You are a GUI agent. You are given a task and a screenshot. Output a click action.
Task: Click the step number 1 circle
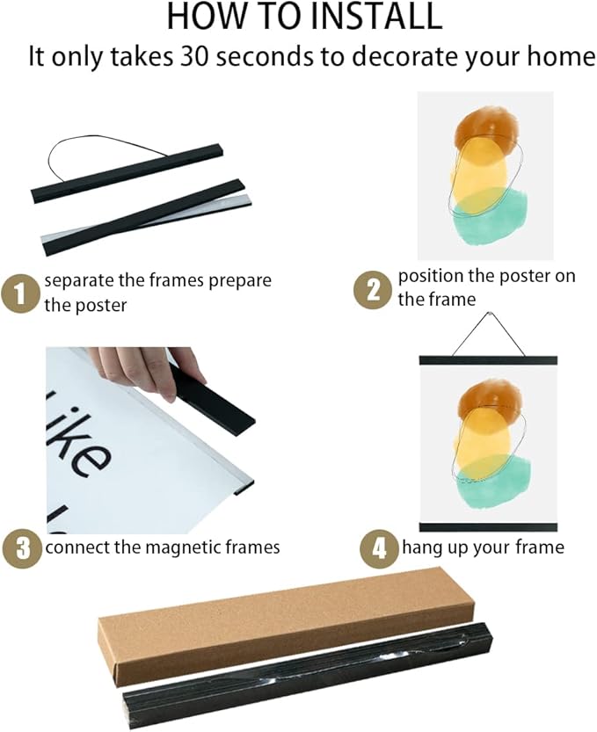19,294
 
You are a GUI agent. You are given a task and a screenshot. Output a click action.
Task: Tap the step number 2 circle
373,290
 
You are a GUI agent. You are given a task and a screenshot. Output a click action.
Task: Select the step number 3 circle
22,547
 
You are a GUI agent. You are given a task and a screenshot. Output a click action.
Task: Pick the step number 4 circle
379,548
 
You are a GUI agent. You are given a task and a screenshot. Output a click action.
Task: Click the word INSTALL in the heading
375,16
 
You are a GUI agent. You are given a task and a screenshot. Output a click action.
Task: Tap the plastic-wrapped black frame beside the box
308,677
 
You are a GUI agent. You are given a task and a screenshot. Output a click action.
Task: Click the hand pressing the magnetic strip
147,371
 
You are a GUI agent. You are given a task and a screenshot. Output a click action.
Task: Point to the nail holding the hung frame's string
489,313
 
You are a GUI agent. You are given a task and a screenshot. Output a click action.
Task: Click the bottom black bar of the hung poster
488,527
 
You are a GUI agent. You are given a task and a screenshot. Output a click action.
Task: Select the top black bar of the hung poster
488,360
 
